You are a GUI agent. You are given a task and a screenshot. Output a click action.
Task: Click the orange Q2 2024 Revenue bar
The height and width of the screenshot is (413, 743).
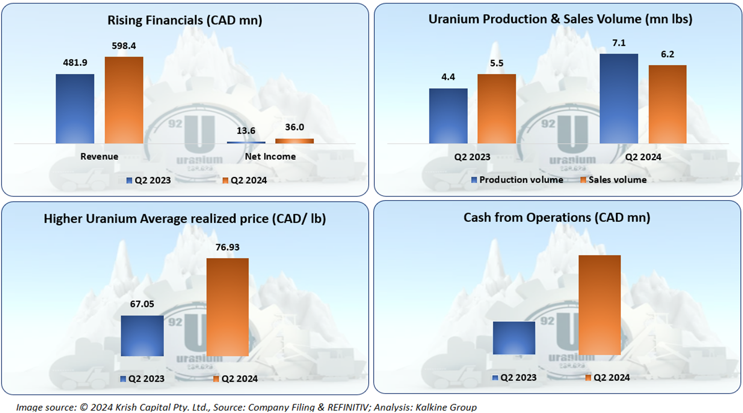coord(124,100)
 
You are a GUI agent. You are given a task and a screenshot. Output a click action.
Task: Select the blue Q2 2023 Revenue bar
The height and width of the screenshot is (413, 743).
coord(75,109)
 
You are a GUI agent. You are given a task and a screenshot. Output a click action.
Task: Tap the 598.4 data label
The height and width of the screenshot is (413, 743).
coord(124,46)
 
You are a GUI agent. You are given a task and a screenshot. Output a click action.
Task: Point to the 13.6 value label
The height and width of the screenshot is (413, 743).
coord(246,131)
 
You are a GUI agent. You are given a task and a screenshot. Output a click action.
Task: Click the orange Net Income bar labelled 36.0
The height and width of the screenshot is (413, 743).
coord(294,141)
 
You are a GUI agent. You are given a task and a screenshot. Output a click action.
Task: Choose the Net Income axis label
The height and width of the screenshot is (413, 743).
coord(270,156)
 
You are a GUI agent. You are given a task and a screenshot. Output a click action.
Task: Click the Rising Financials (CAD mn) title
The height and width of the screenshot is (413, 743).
coord(185,21)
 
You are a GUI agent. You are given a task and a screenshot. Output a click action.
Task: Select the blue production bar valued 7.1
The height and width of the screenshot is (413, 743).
coord(619,99)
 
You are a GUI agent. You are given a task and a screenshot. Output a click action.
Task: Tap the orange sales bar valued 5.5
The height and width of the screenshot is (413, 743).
coord(496,109)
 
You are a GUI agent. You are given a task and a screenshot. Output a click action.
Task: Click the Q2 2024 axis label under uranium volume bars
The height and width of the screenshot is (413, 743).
coord(643,157)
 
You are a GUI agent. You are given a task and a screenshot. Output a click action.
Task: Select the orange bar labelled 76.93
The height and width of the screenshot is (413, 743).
coord(228,307)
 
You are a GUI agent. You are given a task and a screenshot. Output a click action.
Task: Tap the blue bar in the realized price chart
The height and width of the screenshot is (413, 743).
coord(142,336)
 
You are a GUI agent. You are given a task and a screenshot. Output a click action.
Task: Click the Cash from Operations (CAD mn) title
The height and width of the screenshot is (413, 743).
coord(557,218)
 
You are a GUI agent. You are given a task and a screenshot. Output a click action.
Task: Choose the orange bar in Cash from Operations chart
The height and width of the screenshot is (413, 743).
coord(599,305)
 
